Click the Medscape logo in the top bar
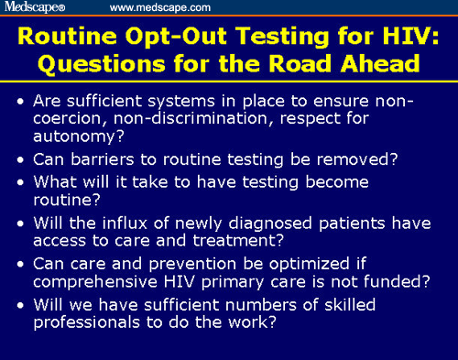point(36,7)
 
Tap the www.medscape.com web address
point(160,7)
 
